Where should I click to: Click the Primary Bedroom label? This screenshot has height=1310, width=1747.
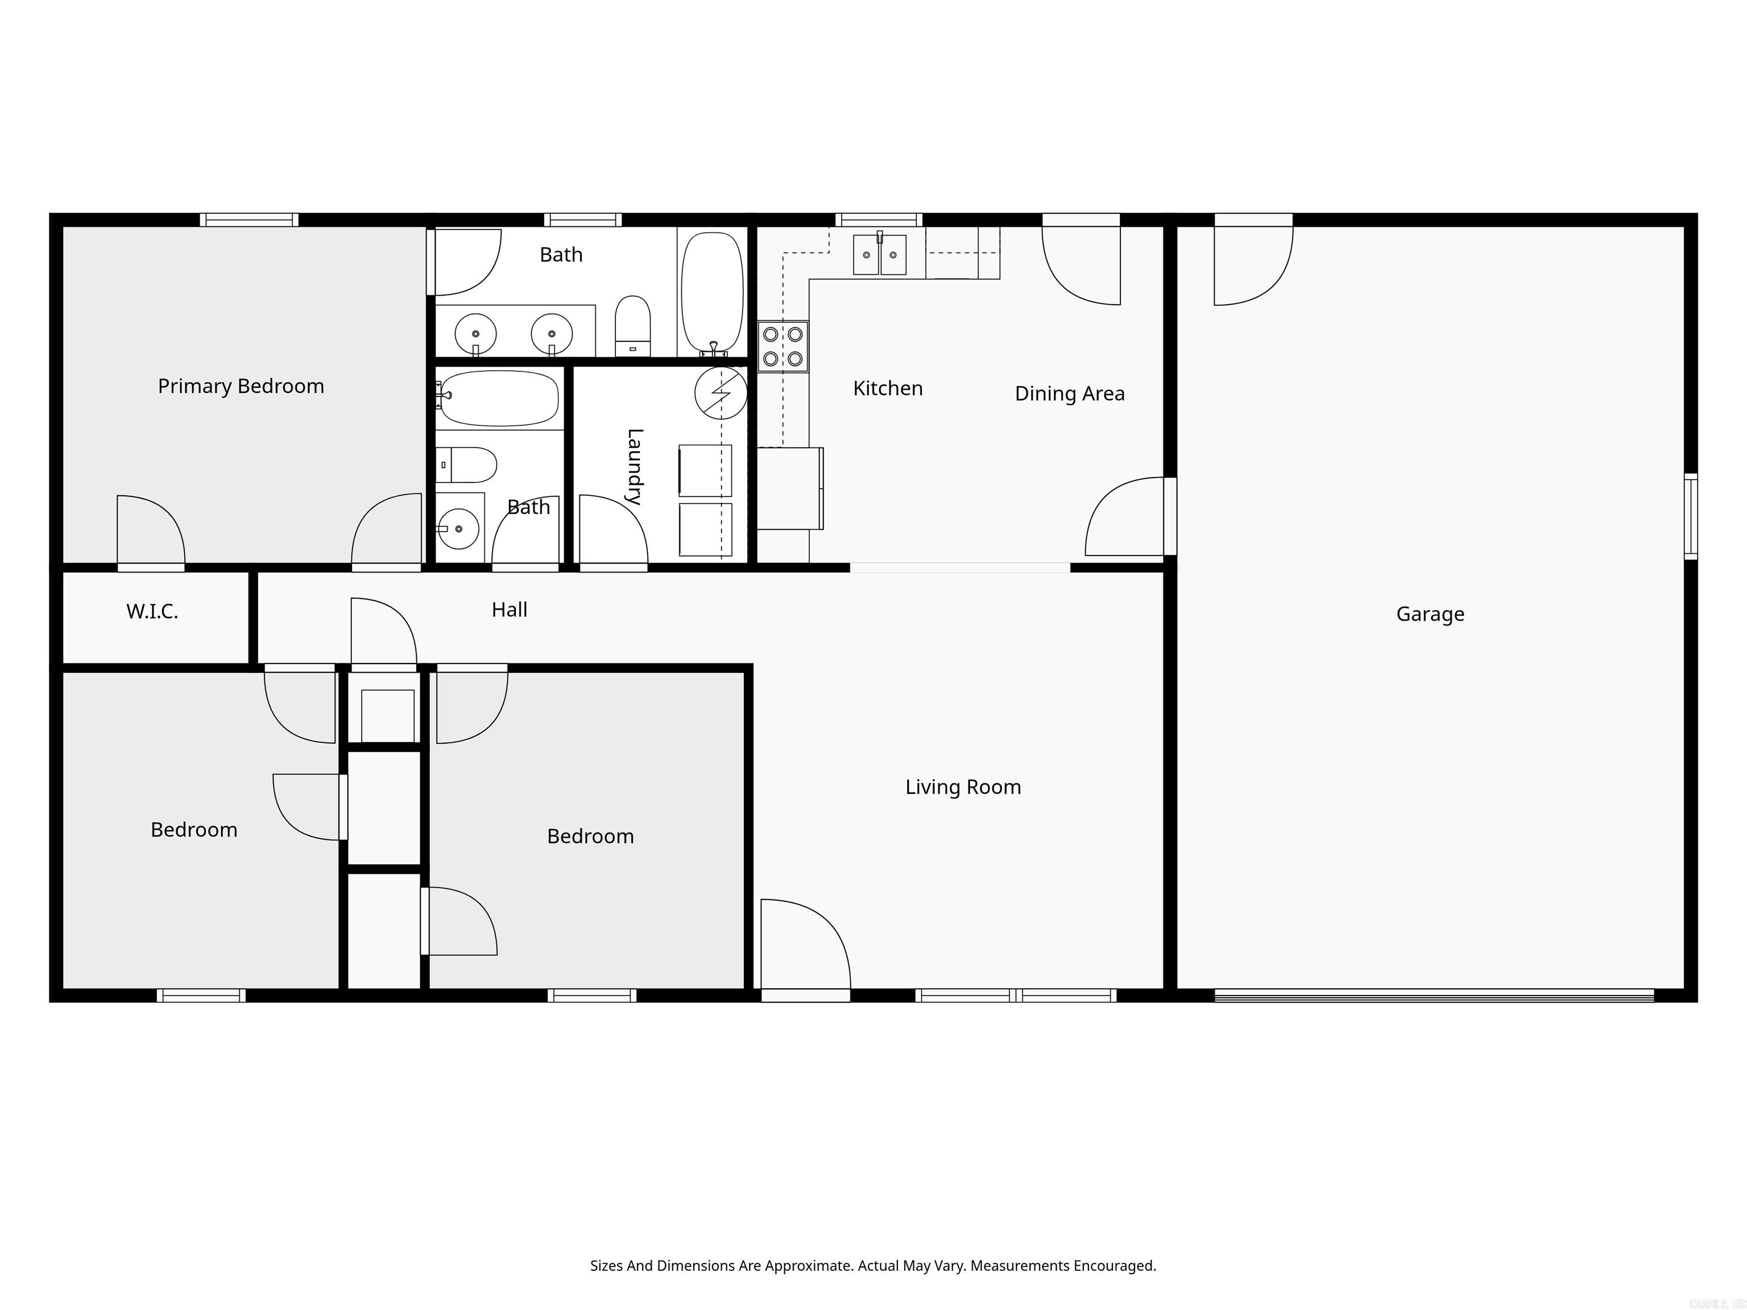coord(241,386)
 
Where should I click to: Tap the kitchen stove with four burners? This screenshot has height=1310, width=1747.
coord(783,346)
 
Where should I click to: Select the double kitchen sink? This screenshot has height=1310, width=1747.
coord(879,254)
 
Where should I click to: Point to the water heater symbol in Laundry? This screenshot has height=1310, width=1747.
coord(721,392)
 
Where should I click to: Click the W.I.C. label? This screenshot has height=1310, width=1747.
coord(152,611)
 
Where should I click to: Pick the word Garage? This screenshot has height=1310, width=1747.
coord(1430,614)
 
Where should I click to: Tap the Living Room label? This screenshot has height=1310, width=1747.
coord(963,787)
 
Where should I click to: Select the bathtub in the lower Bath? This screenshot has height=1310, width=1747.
coord(499,398)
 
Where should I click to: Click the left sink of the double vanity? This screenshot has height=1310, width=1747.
coord(475,333)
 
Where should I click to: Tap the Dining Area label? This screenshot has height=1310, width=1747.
coord(1069,393)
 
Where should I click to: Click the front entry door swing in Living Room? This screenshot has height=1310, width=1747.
coord(804,944)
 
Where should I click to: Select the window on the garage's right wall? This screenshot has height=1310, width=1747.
coord(1690,516)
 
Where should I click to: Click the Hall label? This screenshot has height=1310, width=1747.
coord(510,610)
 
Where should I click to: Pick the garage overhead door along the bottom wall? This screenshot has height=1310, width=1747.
coord(1434,996)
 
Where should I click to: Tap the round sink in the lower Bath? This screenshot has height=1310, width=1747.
coord(458,528)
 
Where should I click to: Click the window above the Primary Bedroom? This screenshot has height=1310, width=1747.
coord(249,219)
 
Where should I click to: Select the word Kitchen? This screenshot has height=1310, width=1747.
coord(888,388)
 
